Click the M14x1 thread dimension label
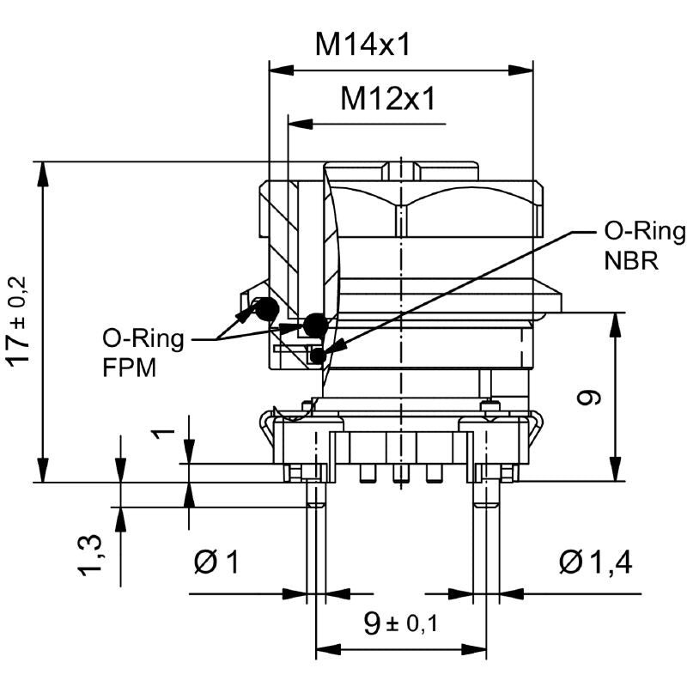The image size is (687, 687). [362, 44]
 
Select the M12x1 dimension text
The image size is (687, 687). [387, 99]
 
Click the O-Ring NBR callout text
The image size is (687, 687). [643, 246]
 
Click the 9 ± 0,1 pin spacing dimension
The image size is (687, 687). [400, 623]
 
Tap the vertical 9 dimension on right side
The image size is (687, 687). [591, 398]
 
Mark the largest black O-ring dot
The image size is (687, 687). [315, 325]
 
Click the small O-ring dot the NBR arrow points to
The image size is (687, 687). [319, 354]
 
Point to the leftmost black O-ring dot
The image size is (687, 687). [267, 309]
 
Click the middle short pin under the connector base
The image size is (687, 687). [400, 473]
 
